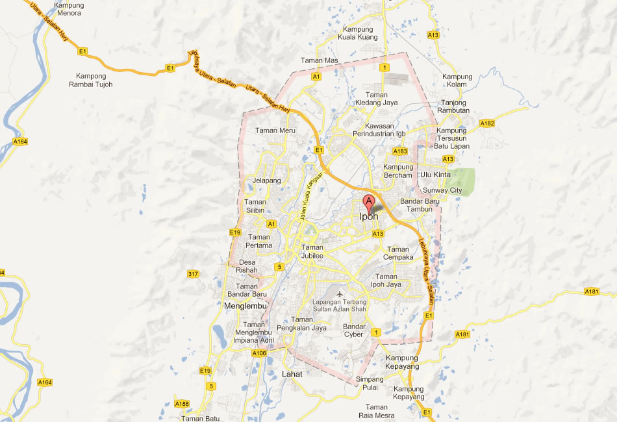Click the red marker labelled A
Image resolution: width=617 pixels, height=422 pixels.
coord(369,201)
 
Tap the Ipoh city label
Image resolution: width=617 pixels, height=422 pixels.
coord(369,217)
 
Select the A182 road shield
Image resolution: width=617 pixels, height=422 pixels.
coord(487,123)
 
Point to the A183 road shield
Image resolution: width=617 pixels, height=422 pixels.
coord(400,151)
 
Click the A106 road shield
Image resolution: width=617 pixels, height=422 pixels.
coord(259,353)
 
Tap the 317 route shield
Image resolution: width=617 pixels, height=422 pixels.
coord(193,273)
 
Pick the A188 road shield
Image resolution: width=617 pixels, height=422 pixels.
coord(182,404)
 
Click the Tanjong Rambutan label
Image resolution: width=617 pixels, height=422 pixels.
coord(455,106)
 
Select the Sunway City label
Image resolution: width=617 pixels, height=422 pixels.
coord(442,190)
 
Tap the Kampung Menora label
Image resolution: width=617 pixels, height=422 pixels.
coord(69,8)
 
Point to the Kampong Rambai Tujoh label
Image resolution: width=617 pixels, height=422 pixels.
coord(94,80)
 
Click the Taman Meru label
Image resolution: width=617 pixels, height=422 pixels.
coord(275,130)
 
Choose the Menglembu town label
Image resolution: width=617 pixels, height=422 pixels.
coord(242,305)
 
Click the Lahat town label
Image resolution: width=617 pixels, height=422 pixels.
coord(293,374)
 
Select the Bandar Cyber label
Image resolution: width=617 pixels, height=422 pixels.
coord(354,330)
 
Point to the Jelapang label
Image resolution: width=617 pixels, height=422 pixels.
coord(267,180)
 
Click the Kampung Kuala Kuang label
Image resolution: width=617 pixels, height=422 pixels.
coord(358,33)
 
